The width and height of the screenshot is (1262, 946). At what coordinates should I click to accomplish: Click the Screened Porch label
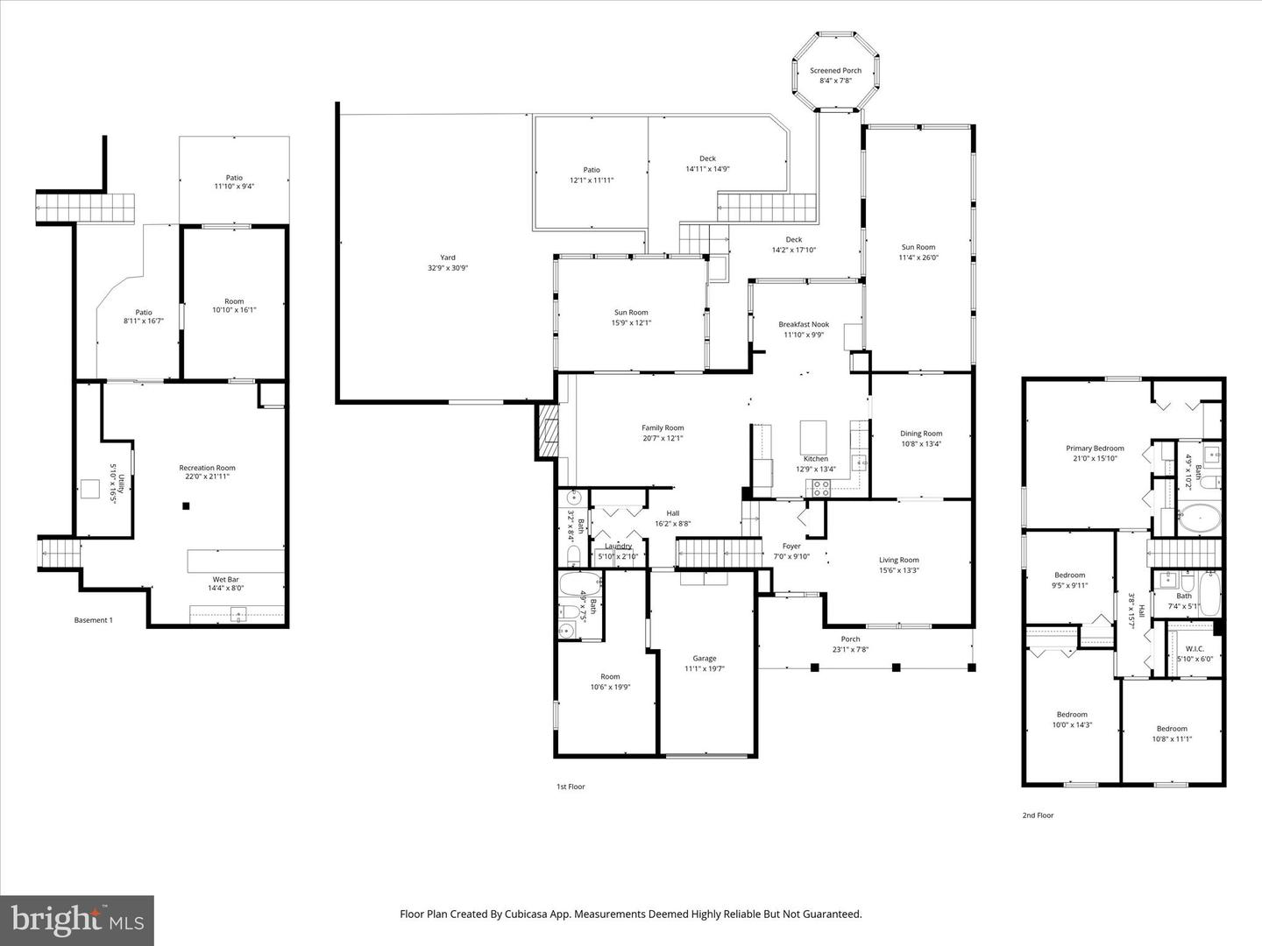click(x=835, y=71)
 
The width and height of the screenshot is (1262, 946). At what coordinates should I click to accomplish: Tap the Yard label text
click(x=448, y=258)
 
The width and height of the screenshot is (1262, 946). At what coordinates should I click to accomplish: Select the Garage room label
click(x=705, y=659)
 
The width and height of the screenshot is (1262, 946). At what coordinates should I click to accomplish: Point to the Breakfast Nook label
click(x=804, y=325)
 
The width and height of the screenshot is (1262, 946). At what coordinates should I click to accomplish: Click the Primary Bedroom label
click(x=1095, y=448)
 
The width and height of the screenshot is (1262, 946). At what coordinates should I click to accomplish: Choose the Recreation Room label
click(x=208, y=468)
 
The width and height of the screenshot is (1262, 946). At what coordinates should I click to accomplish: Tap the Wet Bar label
click(x=226, y=580)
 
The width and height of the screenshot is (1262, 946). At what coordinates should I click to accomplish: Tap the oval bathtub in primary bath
click(x=1197, y=518)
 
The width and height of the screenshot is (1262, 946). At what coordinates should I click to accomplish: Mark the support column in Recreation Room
click(x=186, y=505)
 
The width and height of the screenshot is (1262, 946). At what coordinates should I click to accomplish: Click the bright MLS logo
click(x=77, y=920)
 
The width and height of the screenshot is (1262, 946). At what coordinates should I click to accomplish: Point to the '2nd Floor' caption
click(x=1038, y=815)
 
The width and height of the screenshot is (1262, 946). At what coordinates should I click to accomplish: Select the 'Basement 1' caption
click(x=93, y=620)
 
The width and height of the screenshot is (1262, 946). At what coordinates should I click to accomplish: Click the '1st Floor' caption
click(x=571, y=787)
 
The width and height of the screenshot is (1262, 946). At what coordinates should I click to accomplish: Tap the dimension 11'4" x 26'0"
click(x=918, y=258)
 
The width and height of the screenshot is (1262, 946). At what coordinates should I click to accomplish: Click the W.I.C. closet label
click(x=1195, y=649)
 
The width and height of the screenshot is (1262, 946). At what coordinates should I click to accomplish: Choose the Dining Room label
click(x=921, y=434)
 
